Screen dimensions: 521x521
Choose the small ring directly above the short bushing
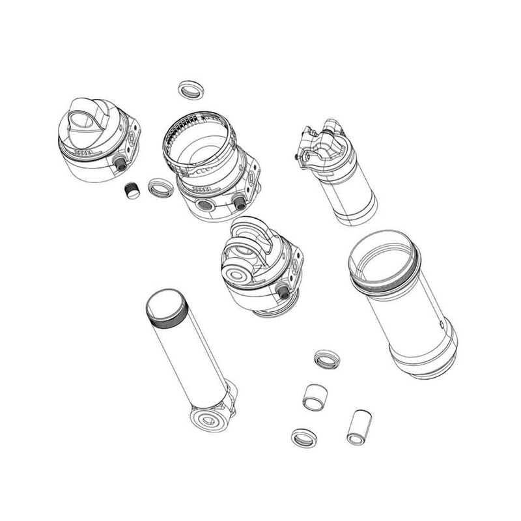tap(325, 358)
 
